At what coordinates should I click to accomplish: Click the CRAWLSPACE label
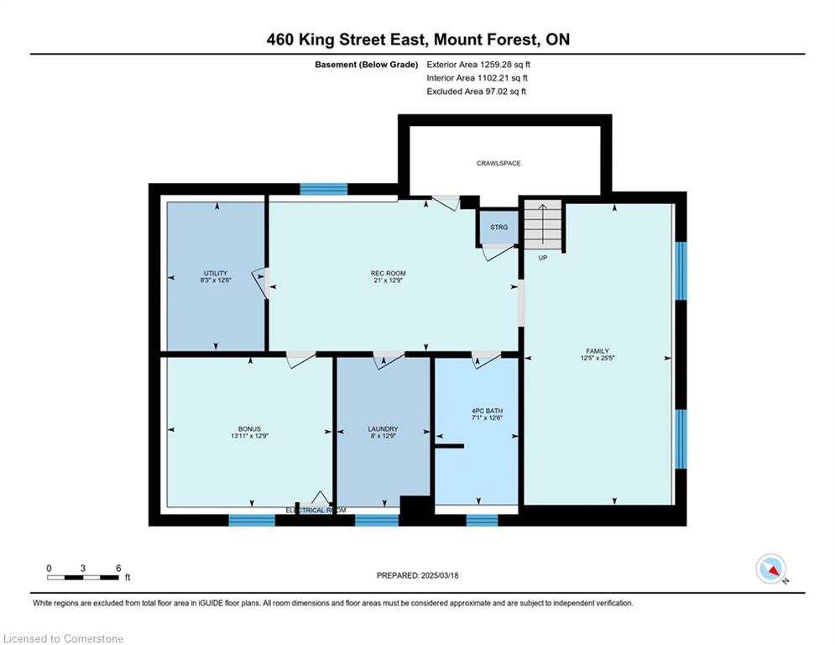[498, 163]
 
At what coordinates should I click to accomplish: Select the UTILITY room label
[216, 273]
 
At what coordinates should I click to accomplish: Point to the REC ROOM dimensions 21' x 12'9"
[389, 280]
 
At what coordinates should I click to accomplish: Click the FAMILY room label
[598, 351]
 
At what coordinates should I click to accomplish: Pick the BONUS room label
[249, 428]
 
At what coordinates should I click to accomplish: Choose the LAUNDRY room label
[383, 428]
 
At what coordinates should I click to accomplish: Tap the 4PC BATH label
[488, 411]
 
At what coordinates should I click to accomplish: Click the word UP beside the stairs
[543, 258]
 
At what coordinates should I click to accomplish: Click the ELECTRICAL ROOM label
[316, 510]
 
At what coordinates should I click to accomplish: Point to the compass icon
[770, 569]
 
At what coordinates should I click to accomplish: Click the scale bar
[83, 577]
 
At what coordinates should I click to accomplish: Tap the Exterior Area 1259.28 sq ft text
[478, 65]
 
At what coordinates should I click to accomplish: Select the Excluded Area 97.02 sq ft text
[476, 92]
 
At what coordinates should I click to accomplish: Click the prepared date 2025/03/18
[440, 575]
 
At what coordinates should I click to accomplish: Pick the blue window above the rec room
[324, 189]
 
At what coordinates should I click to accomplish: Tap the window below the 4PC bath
[482, 520]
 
